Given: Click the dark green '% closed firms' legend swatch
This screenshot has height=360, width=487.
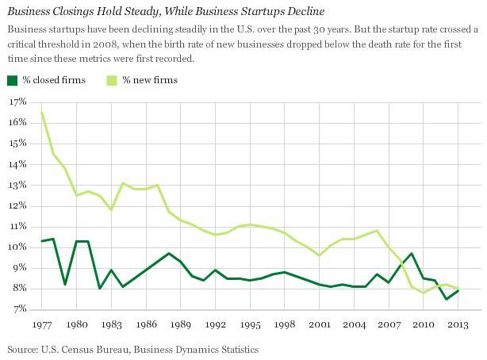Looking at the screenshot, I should (x=12, y=80).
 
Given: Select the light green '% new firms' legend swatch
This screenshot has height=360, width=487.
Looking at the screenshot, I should (x=113, y=80).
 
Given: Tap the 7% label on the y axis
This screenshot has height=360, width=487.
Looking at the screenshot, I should (x=17, y=308).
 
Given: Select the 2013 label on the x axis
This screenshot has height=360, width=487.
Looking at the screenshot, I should (x=458, y=324).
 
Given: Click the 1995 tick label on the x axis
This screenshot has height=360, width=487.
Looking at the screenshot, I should (x=250, y=324).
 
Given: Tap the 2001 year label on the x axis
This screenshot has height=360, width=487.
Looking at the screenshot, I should (x=320, y=324).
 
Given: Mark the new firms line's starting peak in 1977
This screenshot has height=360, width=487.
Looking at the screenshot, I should (x=42, y=112).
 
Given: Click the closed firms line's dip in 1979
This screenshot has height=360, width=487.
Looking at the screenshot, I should (x=65, y=284).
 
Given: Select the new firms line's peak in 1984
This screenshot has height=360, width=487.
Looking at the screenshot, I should (x=123, y=183).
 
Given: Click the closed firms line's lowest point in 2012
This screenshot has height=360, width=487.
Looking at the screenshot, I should (x=447, y=299).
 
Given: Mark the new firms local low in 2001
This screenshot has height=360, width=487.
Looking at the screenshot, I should (x=320, y=255).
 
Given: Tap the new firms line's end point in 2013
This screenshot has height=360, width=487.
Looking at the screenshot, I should (x=458, y=289).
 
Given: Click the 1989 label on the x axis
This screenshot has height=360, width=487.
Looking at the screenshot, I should (x=181, y=324).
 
